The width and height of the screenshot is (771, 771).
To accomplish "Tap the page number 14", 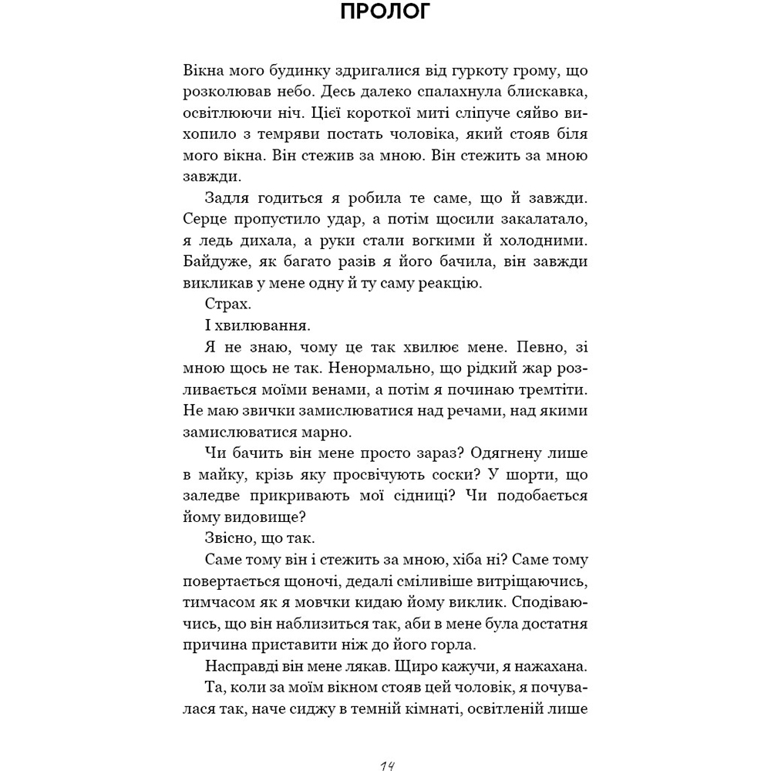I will pyautogui.click(x=385, y=764).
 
